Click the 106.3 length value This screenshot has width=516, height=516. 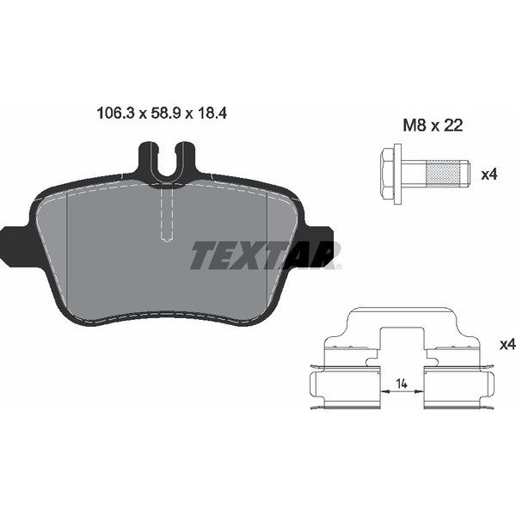click(x=116, y=114)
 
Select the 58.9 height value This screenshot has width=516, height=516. click(x=165, y=114)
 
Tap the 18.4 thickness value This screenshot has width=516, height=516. click(x=212, y=114)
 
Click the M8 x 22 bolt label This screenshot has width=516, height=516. click(x=433, y=126)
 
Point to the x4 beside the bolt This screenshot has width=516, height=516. click(x=489, y=175)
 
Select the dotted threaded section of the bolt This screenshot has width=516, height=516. click(x=443, y=174)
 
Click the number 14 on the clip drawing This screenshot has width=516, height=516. click(x=402, y=384)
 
